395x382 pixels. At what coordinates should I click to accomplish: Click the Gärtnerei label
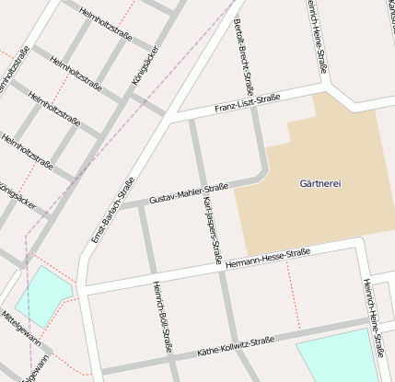(320, 184)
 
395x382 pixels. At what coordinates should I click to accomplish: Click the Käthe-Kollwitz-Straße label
(236, 346)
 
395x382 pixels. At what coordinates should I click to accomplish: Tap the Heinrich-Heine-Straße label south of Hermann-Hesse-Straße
(373, 317)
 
